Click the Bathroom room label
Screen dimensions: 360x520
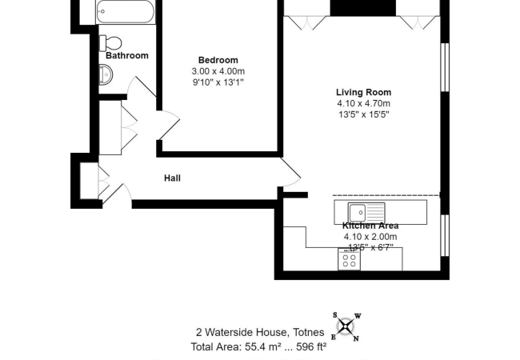127,56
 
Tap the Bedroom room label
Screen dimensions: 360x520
218,60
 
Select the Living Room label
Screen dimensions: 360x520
363,93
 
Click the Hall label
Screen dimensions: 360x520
172,178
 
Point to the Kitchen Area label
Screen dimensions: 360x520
370,226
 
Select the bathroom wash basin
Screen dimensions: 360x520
106,76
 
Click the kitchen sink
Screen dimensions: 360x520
357,213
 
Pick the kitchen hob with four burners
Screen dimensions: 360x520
350,259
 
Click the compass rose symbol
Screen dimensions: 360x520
345,326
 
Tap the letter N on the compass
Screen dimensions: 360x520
356,338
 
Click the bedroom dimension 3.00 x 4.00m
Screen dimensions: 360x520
218,71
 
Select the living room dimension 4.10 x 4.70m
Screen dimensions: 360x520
363,104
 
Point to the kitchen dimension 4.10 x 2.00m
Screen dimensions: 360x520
370,237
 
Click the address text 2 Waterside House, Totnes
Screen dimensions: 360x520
260,333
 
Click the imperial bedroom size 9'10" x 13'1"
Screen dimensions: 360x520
218,82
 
